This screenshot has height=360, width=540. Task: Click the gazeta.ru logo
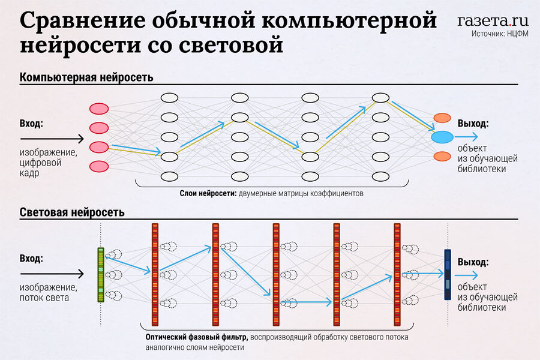(x=493, y=20)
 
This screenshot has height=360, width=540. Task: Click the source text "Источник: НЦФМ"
(x=500, y=34)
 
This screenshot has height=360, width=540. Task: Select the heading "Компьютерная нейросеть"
(x=86, y=77)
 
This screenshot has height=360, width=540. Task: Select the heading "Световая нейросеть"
(x=72, y=212)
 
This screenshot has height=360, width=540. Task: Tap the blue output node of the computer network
(x=442, y=137)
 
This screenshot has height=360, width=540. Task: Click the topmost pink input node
(x=99, y=109)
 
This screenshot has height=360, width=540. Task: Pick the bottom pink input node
(x=99, y=166)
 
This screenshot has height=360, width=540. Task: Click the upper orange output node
(x=442, y=118)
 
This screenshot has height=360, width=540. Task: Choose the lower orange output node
(x=442, y=157)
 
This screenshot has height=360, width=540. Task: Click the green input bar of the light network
(x=101, y=275)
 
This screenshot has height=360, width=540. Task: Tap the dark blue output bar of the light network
(x=448, y=275)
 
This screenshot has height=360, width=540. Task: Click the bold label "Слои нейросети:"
(x=208, y=193)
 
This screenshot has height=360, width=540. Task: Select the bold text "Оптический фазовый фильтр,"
(x=197, y=337)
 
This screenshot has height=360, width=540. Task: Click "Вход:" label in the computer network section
(x=31, y=124)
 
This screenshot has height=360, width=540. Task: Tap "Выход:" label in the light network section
(x=473, y=262)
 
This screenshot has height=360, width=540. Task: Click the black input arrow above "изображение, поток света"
(x=52, y=274)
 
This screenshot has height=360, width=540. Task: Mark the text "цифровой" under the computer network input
(x=40, y=163)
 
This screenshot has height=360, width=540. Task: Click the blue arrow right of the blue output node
(x=466, y=137)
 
